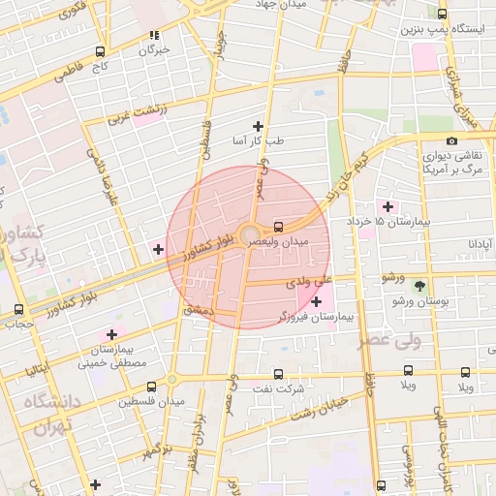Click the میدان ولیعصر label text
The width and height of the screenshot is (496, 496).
pyautogui.click(x=279, y=240)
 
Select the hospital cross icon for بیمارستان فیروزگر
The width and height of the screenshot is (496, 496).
pyautogui.click(x=317, y=302)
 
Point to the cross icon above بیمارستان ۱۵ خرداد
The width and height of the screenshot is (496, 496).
pyautogui.click(x=388, y=206)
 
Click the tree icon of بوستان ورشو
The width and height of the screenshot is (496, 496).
pyautogui.click(x=419, y=287)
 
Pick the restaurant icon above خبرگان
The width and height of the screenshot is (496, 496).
pyautogui.click(x=153, y=36)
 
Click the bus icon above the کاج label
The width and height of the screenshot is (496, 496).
pyautogui.click(x=101, y=52)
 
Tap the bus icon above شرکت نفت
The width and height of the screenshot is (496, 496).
pyautogui.click(x=279, y=373)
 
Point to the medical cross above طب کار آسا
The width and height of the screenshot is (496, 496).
pyautogui.click(x=258, y=126)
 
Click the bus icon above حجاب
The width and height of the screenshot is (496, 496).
pyautogui.click(x=19, y=310)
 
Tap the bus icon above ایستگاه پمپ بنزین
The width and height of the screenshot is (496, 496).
pyautogui.click(x=443, y=14)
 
